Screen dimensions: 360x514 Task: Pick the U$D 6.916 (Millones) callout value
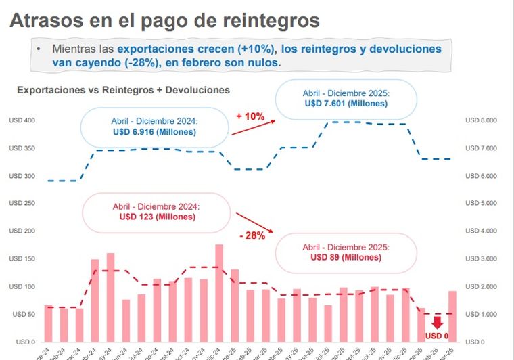(154, 132)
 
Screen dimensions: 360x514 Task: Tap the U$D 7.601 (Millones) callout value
(346, 104)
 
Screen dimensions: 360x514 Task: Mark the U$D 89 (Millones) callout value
(346, 257)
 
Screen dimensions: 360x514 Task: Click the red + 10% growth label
(250, 116)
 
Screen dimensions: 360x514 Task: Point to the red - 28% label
(252, 235)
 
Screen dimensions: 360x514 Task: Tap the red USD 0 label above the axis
(436, 335)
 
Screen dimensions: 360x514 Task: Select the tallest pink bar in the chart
(219, 292)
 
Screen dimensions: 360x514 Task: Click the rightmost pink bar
(452, 315)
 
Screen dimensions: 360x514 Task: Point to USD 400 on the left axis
(22, 120)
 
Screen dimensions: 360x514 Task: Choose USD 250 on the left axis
(22, 203)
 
